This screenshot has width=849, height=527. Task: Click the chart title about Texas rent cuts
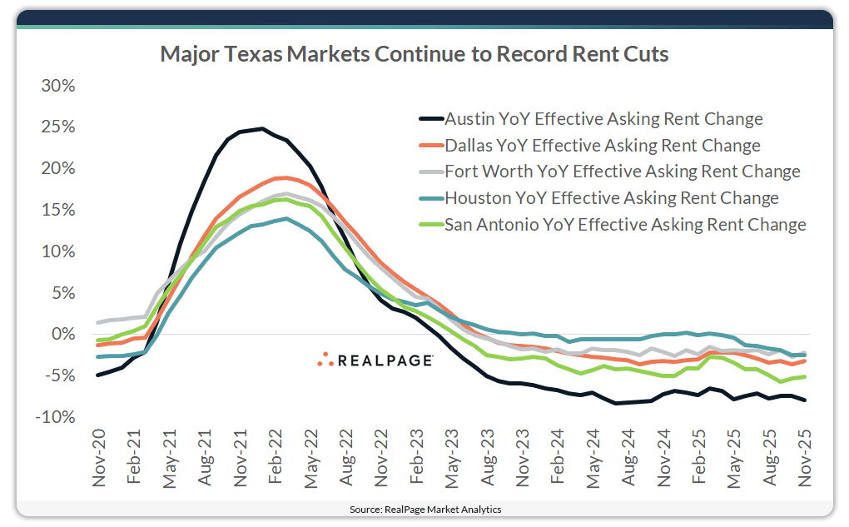pyautogui.click(x=414, y=55)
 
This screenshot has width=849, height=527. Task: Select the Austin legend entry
pyautogui.click(x=603, y=118)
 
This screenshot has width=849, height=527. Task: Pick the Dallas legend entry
pyautogui.click(x=603, y=145)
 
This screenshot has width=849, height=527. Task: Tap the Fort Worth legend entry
pyautogui.click(x=623, y=172)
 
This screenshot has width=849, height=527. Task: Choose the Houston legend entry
pyautogui.click(x=612, y=197)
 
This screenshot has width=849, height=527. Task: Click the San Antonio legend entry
pyautogui.click(x=625, y=224)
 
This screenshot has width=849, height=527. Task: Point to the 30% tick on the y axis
pyautogui.click(x=57, y=87)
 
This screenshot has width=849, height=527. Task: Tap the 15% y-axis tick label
pyautogui.click(x=57, y=211)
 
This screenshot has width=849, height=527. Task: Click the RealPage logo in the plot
pyautogui.click(x=375, y=360)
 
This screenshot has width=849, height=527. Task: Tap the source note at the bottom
pyautogui.click(x=424, y=509)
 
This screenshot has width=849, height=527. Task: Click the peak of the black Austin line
pyautogui.click(x=262, y=128)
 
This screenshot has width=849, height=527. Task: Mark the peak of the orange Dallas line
pyautogui.click(x=285, y=177)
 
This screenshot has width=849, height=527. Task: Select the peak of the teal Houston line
pyautogui.click(x=285, y=218)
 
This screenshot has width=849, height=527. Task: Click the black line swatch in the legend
pyautogui.click(x=431, y=119)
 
